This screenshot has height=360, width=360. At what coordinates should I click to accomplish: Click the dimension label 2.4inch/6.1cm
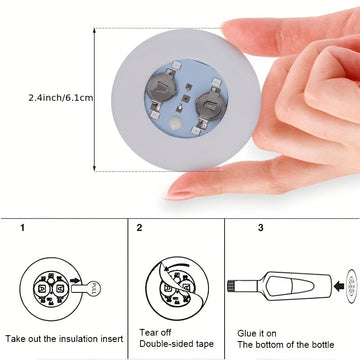[x=61, y=98]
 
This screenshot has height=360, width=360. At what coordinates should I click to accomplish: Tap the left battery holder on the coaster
[x=161, y=89]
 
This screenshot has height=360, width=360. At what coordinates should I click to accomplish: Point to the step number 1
[x=22, y=228]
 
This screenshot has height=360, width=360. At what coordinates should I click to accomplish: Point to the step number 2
[x=139, y=228]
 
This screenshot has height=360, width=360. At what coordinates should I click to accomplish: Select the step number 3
[x=261, y=228]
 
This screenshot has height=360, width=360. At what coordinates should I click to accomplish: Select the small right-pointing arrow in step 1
[x=75, y=281]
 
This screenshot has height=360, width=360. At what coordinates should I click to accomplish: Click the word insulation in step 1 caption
[x=80, y=339]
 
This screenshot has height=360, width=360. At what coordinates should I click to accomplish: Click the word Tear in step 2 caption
[x=148, y=332]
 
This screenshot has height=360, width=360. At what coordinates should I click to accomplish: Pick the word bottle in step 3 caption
[x=321, y=344]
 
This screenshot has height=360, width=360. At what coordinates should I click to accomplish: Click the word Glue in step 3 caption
[x=246, y=333]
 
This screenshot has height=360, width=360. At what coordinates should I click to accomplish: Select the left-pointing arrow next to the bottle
[x=339, y=286]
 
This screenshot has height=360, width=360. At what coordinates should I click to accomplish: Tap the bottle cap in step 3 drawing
[x=230, y=286]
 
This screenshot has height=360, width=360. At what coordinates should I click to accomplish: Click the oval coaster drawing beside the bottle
[x=351, y=286]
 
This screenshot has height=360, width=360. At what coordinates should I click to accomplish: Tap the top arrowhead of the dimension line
[x=95, y=31]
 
